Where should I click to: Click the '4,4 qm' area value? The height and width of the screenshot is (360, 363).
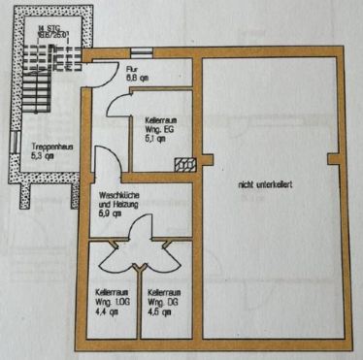click(106, 311)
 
